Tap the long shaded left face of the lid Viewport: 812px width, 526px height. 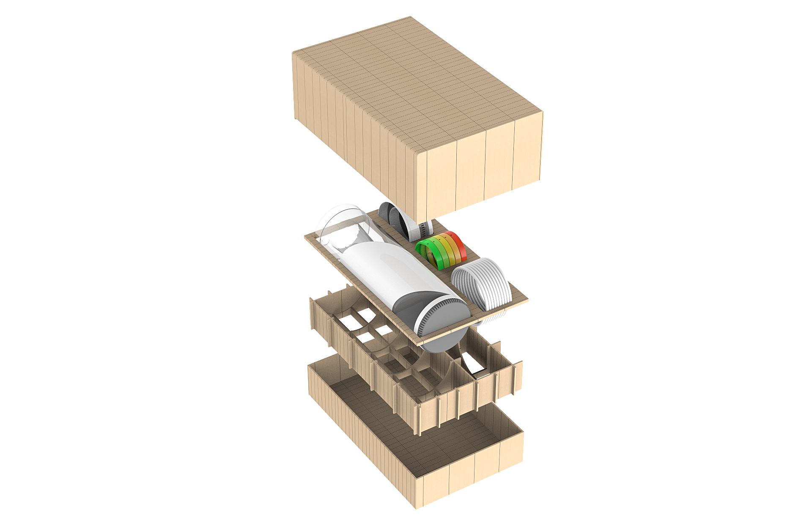point(351,135)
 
